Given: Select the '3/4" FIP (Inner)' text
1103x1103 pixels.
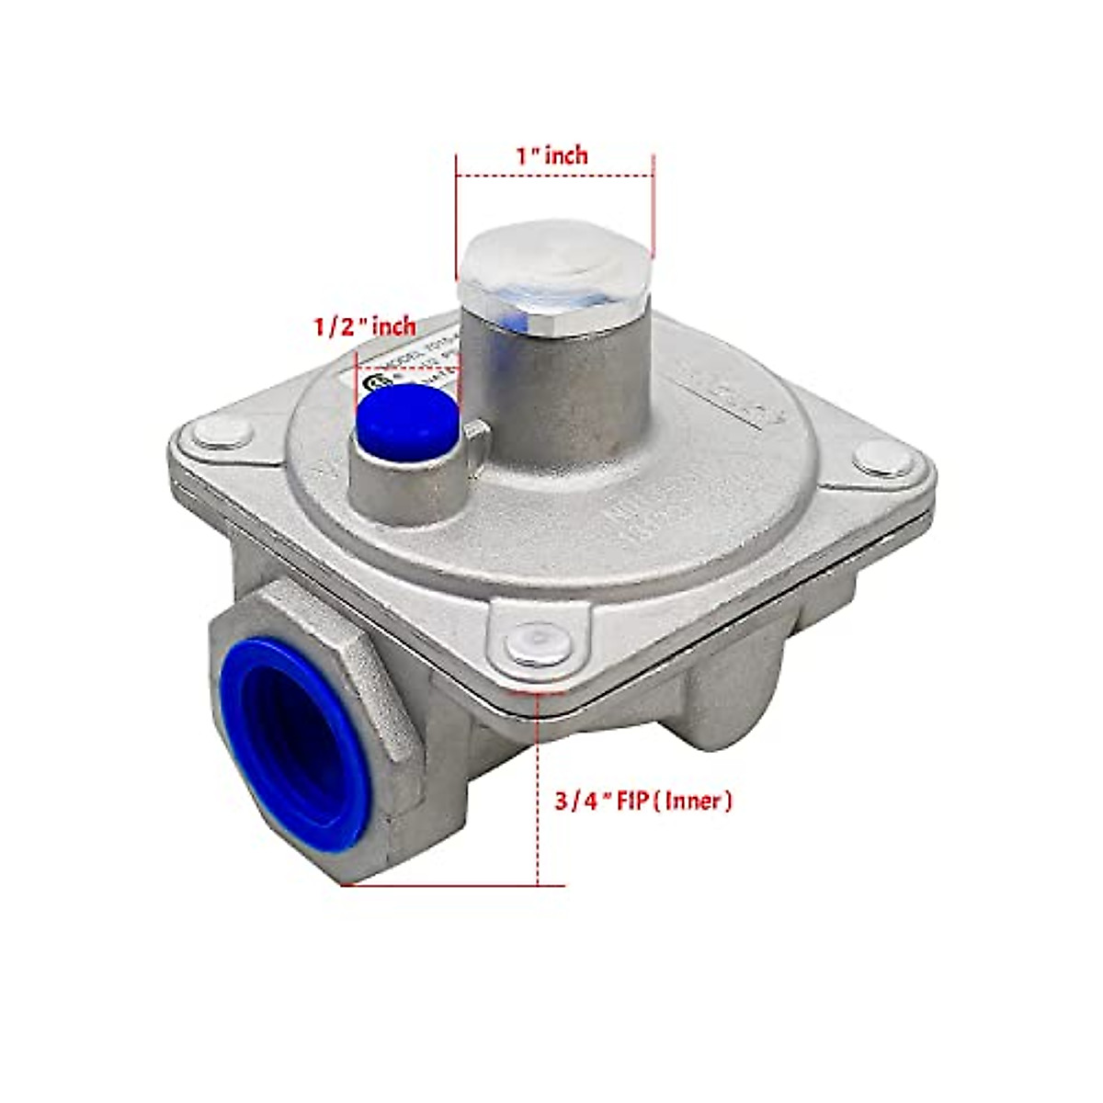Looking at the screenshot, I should click(x=643, y=801).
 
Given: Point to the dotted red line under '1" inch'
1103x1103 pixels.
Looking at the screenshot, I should click(x=554, y=176).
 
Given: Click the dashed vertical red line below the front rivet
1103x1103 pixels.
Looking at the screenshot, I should click(x=536, y=790).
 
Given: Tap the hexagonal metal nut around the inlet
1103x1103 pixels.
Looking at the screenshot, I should click(x=386, y=699).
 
